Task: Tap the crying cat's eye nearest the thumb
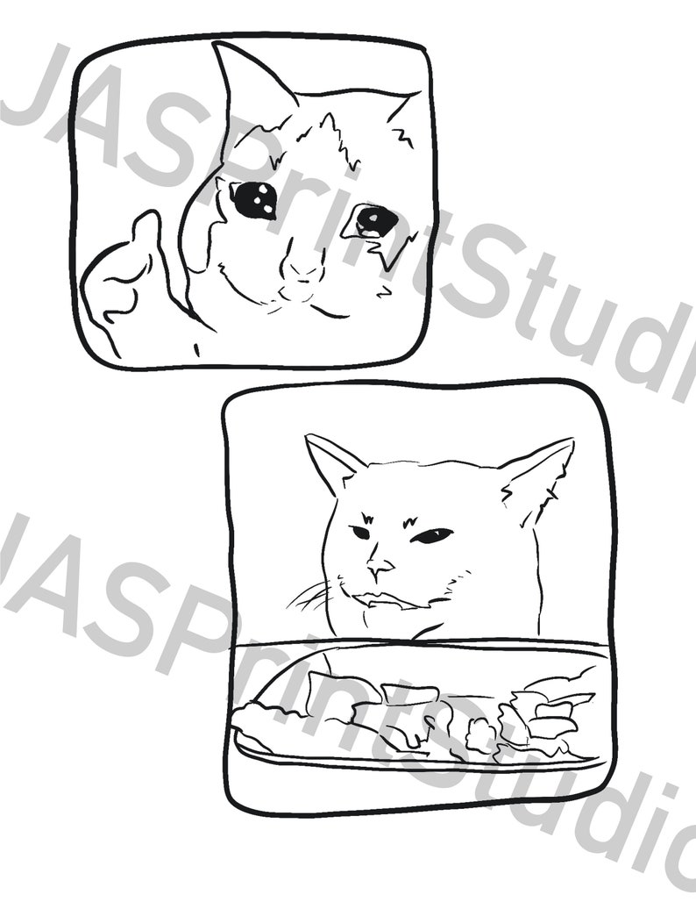pos(253,201)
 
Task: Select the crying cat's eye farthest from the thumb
pos(376,219)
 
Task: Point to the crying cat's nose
pos(304,266)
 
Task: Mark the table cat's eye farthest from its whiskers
pos(433,534)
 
